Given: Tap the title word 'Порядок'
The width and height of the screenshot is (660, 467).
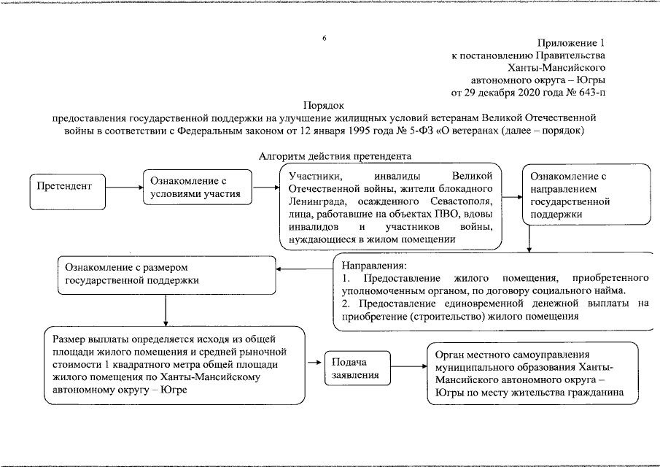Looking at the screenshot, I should click(x=323, y=105).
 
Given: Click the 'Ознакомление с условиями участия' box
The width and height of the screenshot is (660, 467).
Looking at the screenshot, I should click(x=197, y=188).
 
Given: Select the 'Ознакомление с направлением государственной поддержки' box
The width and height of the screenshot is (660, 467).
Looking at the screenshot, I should click(x=586, y=196).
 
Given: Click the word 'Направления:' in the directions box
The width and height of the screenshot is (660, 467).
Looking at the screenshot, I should click(x=373, y=266).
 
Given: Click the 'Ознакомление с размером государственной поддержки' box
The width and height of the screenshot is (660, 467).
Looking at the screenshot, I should click(x=167, y=274).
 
